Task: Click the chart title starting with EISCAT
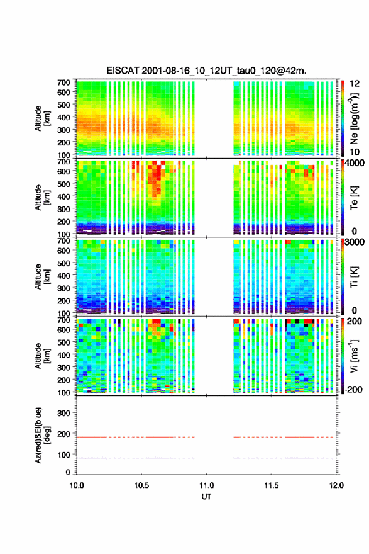206,71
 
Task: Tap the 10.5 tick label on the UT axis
141,485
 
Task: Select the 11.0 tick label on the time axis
206,485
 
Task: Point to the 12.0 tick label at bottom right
336,485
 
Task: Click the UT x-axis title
206,497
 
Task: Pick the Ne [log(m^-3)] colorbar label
354,119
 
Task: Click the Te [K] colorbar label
354,198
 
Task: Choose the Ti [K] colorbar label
354,278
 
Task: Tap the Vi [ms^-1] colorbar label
354,356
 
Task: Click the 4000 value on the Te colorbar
355,163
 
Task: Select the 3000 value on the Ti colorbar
355,242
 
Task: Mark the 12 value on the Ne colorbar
355,84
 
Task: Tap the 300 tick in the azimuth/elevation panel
64,413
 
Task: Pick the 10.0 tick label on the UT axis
77,485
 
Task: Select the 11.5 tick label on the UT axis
272,485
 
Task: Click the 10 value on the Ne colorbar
355,152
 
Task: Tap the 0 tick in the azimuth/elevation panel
68,472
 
